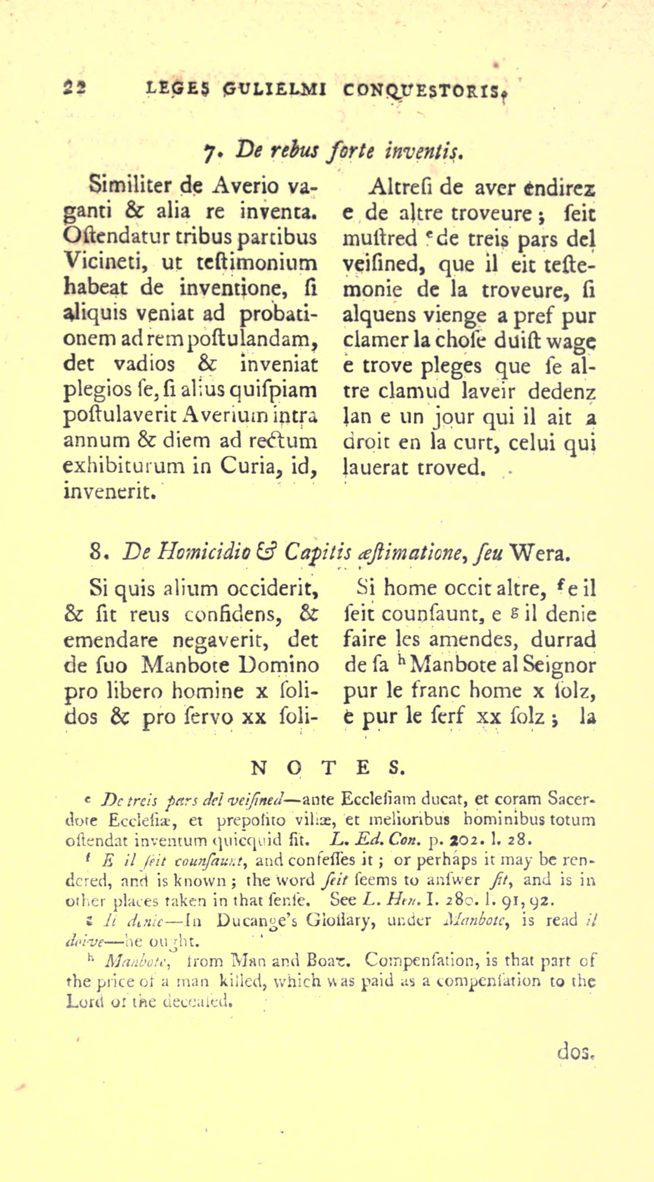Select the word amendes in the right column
(480, 640)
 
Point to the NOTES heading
(327, 768)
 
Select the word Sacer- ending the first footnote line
(571, 799)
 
